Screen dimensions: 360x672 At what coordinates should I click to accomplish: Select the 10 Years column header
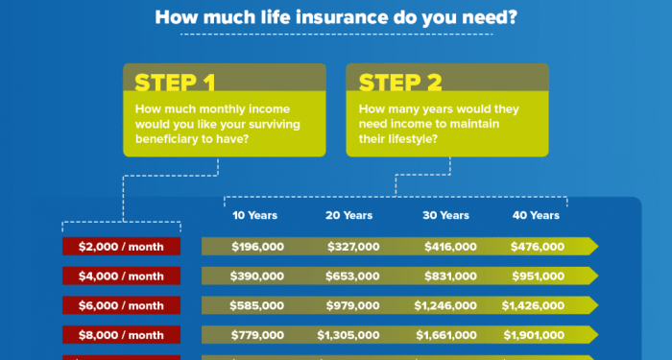click(x=256, y=215)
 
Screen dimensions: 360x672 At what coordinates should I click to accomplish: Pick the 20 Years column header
click(x=348, y=215)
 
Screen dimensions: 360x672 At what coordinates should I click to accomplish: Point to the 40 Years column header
click(x=537, y=215)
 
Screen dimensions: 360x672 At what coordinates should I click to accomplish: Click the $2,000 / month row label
click(x=121, y=247)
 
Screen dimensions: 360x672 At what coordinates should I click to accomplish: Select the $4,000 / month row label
click(x=121, y=276)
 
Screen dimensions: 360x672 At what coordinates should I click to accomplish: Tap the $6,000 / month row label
click(x=121, y=305)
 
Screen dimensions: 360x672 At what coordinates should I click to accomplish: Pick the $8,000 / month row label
click(x=121, y=335)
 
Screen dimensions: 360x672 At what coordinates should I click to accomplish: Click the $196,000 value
click(x=257, y=247)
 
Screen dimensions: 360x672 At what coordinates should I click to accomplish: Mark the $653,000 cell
click(x=353, y=276)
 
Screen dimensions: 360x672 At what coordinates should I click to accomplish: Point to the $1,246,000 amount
click(x=446, y=305)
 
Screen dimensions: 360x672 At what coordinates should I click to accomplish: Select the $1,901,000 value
click(x=533, y=335)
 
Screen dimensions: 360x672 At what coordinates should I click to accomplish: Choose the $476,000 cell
click(x=538, y=247)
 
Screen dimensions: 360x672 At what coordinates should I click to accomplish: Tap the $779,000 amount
click(x=257, y=335)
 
